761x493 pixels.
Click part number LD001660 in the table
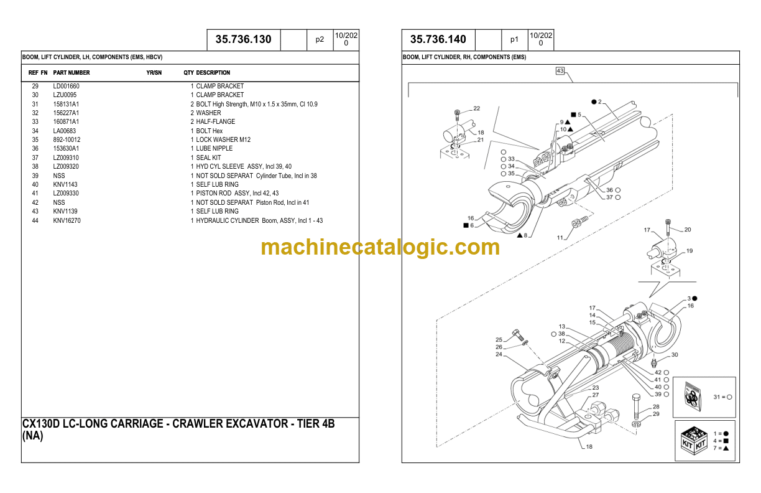(x=66, y=86)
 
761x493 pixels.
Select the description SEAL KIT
(x=208, y=157)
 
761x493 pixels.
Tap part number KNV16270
(x=67, y=221)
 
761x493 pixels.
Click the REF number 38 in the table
(x=35, y=167)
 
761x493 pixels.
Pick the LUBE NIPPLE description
(x=214, y=149)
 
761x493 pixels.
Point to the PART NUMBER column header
(x=71, y=73)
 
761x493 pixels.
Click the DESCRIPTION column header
(x=213, y=73)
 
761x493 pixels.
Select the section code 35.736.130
(x=243, y=39)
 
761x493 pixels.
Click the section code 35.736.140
(x=438, y=39)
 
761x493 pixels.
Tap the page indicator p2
(x=320, y=39)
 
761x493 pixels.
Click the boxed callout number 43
(x=560, y=72)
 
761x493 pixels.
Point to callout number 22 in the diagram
(x=476, y=108)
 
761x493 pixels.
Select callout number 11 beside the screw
(x=560, y=238)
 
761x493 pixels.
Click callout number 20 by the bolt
(x=687, y=230)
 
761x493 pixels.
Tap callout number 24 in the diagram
(x=499, y=355)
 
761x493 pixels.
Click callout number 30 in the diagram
(x=675, y=355)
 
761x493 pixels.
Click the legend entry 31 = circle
(x=722, y=397)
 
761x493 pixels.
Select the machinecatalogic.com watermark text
(x=380, y=247)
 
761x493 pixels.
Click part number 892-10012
(x=67, y=139)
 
